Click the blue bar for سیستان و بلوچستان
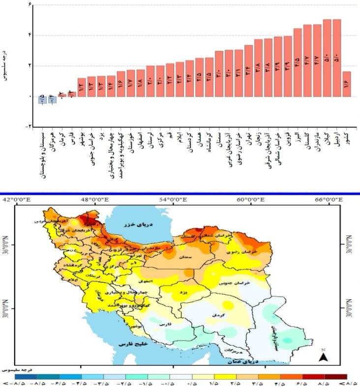tap(43, 99)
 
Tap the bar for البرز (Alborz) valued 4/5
tap(298, 62)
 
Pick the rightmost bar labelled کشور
tap(347, 84)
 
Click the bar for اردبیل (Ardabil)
tap(337, 58)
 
